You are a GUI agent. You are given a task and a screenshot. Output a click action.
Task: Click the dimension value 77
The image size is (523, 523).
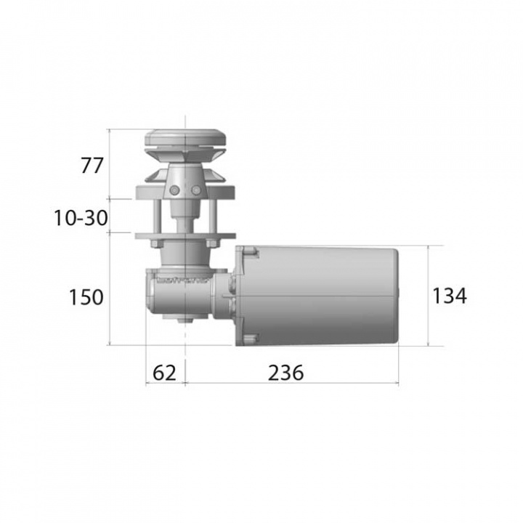[92, 165]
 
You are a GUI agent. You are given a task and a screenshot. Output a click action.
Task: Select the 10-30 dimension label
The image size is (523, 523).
[81, 216]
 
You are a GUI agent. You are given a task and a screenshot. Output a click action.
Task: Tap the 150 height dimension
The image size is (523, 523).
[86, 296]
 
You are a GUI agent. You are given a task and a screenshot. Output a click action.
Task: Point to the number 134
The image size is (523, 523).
[449, 295]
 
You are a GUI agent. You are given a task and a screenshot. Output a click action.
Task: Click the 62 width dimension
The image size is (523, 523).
[164, 373]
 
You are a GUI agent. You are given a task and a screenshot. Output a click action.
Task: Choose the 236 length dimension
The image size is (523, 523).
[285, 373]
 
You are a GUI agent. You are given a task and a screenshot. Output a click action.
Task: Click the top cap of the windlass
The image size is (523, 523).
[185, 137]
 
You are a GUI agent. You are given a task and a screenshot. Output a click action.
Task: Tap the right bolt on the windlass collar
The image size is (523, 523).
[196, 190]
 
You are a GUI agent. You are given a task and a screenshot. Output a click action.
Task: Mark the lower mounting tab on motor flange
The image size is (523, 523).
[251, 337]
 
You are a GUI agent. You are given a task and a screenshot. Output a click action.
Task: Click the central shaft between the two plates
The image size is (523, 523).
[185, 216]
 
